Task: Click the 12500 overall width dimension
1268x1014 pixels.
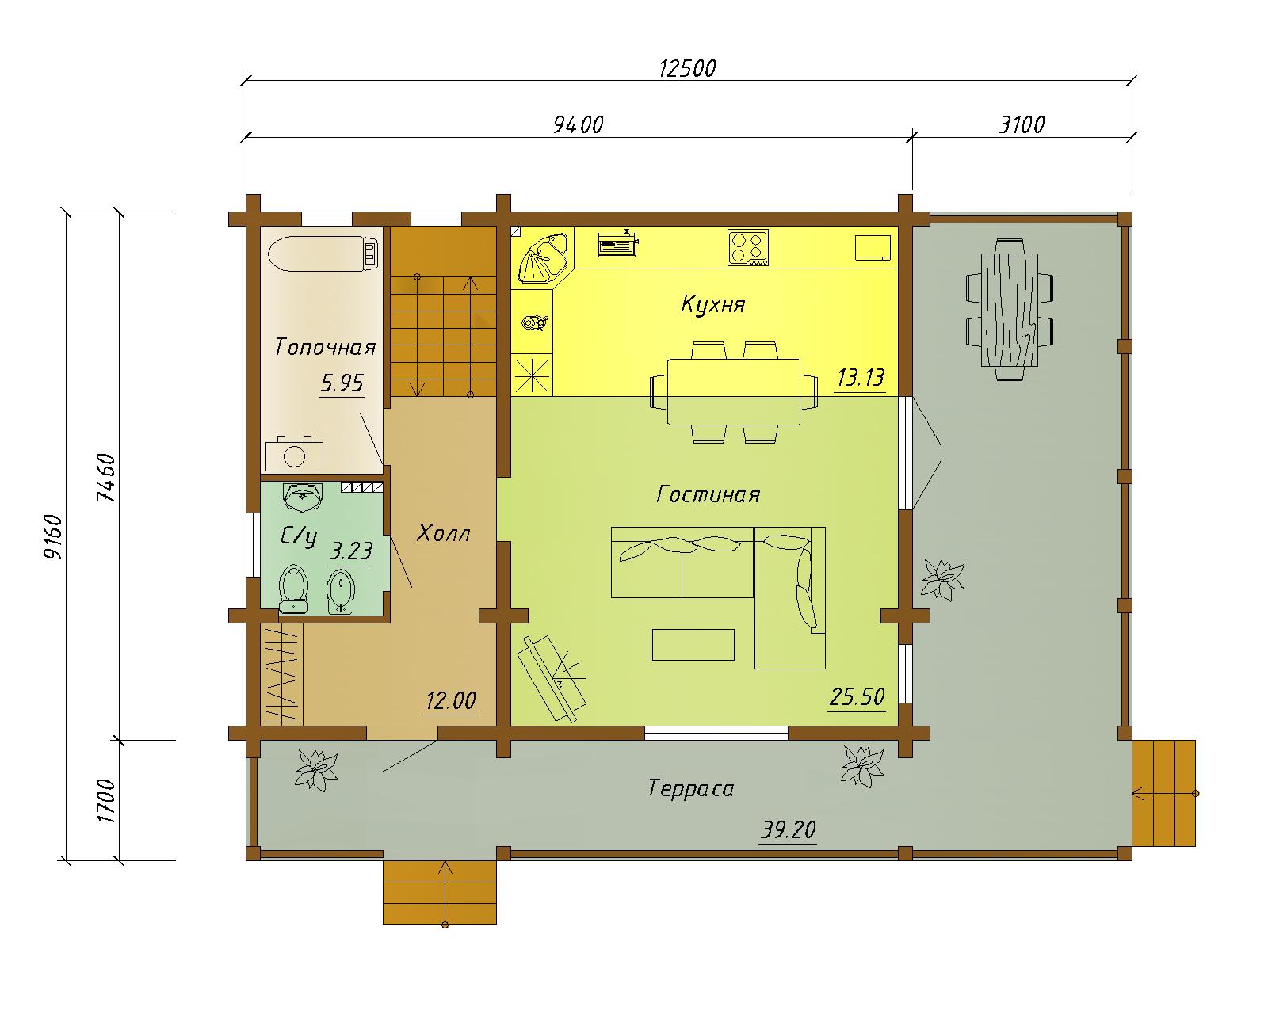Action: tap(687, 69)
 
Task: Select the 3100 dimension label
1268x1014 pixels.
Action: tap(1021, 125)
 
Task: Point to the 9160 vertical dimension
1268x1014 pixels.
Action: tap(54, 537)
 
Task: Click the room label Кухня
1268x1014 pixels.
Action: tap(713, 305)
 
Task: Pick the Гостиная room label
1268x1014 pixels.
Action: tap(708, 494)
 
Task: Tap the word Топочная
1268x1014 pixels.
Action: tap(325, 347)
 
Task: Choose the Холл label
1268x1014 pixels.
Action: tap(443, 533)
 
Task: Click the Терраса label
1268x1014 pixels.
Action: tap(690, 788)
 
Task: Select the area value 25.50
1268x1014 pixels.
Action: tap(857, 697)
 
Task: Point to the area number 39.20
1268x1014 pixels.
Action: tap(788, 830)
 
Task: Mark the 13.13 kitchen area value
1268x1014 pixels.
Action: tap(861, 377)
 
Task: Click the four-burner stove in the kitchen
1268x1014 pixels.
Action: tap(747, 247)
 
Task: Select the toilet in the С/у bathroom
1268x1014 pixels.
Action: tap(294, 589)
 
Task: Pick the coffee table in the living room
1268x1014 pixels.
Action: tap(693, 645)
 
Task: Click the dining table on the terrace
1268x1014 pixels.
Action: tap(1010, 309)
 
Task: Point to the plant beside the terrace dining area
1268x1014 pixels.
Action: tap(942, 579)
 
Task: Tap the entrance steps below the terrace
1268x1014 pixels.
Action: tap(440, 893)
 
